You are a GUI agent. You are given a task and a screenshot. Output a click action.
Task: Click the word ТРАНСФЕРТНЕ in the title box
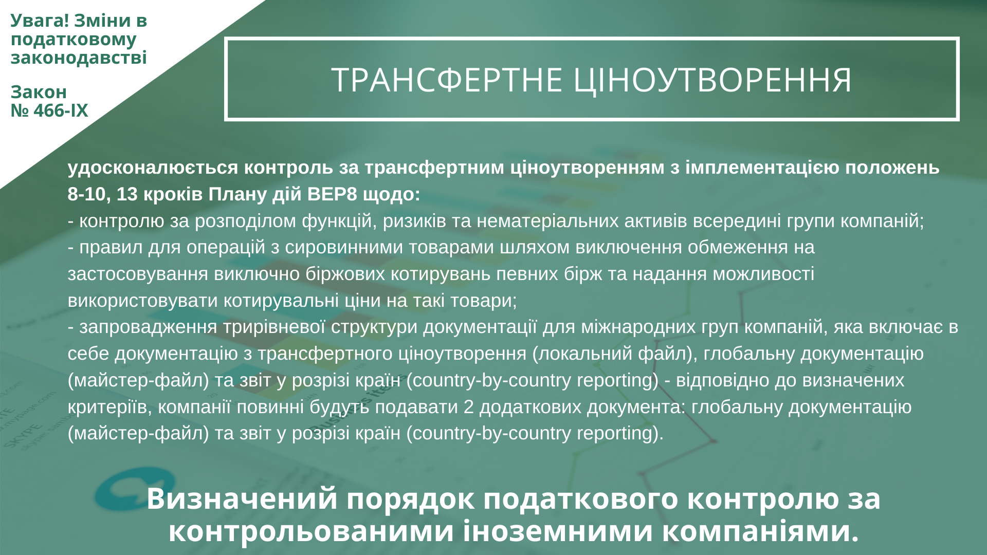pyautogui.click(x=447, y=80)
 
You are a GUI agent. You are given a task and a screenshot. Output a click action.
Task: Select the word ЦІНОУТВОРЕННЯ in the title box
pyautogui.click(x=712, y=80)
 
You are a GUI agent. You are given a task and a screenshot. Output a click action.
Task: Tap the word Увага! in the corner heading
pyautogui.click(x=40, y=21)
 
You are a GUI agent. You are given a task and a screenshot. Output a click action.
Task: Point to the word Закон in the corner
pyautogui.click(x=39, y=92)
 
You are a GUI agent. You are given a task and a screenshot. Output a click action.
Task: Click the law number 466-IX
pyautogui.click(x=61, y=110)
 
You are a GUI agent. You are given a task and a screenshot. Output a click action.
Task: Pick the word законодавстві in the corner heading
pyautogui.click(x=79, y=58)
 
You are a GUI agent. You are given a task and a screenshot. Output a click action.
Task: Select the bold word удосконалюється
pyautogui.click(x=153, y=168)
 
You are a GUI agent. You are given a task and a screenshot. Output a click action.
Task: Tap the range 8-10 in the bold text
pyautogui.click(x=87, y=194)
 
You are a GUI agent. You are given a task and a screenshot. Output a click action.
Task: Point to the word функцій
pyautogui.click(x=337, y=221)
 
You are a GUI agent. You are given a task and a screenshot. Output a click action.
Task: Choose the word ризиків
pyautogui.click(x=414, y=221)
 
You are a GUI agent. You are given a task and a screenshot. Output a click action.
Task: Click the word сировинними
pyautogui.click(x=344, y=248)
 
